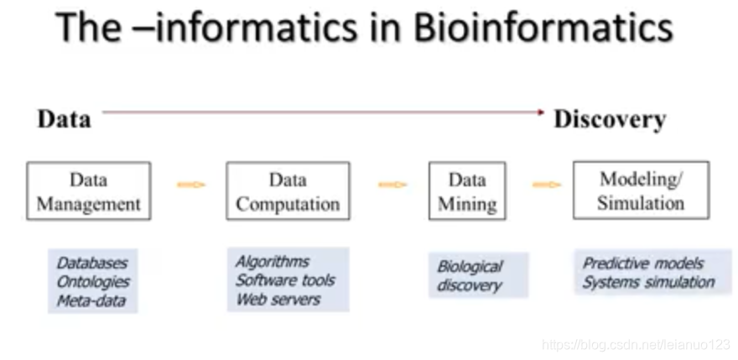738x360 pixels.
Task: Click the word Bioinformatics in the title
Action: [x=543, y=27]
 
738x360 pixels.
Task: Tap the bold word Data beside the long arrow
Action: [x=64, y=119]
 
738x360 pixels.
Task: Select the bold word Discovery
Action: [x=610, y=119]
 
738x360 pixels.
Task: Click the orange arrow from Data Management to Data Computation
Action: [x=191, y=185]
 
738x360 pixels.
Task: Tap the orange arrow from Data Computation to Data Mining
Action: [x=392, y=185]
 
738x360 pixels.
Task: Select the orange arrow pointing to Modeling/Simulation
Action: [x=547, y=185]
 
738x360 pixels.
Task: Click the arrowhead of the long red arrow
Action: [x=541, y=112]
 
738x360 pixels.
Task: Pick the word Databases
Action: [x=92, y=263]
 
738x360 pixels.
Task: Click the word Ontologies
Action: [x=93, y=282]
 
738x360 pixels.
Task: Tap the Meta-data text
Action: [x=91, y=300]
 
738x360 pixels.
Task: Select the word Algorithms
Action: [x=273, y=262]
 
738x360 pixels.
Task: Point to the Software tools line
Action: [x=285, y=280]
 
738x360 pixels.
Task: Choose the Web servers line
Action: [x=278, y=300]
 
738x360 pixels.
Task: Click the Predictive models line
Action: [x=643, y=263]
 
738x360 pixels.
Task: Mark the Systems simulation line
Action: [x=648, y=282]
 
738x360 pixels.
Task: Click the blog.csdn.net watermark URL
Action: [x=637, y=344]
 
